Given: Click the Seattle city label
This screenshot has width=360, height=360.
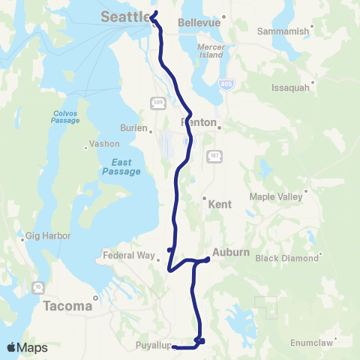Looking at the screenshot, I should (124, 16).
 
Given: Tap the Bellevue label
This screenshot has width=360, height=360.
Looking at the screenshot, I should (199, 22).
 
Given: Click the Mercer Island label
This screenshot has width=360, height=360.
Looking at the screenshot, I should (211, 51).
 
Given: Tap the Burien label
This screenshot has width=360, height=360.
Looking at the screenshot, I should (133, 127).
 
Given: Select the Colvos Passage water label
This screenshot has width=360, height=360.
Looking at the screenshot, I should (65, 117).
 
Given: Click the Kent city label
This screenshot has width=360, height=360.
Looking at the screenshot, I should (220, 204).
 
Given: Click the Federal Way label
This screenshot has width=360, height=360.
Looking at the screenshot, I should (133, 255).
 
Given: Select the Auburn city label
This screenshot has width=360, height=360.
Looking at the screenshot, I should (230, 252).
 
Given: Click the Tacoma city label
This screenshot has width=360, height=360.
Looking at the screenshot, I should (67, 306).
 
